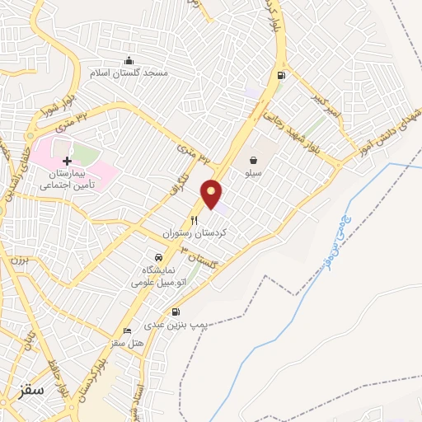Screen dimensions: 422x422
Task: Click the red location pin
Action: (x=212, y=193)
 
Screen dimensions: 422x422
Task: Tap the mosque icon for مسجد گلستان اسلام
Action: (x=129, y=60)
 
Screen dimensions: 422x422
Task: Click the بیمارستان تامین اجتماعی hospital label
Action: (x=68, y=180)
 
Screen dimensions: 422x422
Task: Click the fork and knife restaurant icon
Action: (x=195, y=220)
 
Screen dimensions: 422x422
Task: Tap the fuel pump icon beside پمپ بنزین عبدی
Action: (x=175, y=312)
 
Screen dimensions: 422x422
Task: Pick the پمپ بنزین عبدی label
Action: (x=175, y=326)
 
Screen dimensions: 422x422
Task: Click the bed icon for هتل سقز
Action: (x=126, y=330)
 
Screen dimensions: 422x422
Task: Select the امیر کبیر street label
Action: (x=324, y=108)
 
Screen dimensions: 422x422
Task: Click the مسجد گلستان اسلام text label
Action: (x=133, y=73)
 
